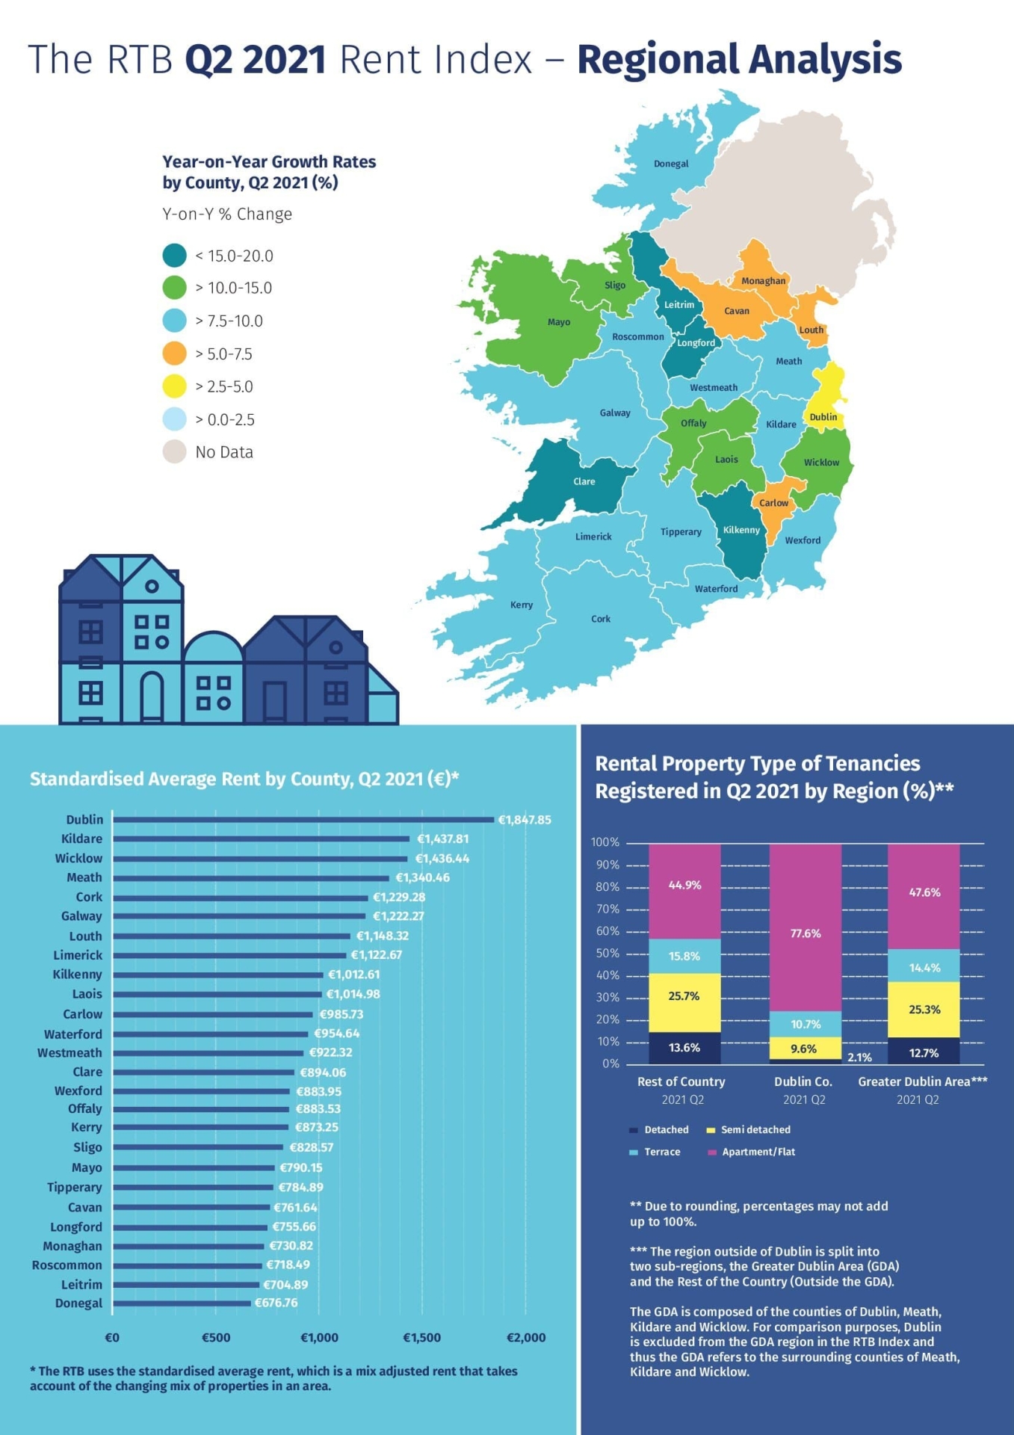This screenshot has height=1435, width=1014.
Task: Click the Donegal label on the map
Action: [x=670, y=164]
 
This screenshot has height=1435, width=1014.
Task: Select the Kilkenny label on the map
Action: [x=741, y=530]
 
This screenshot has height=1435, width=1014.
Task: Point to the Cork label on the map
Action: [x=601, y=619]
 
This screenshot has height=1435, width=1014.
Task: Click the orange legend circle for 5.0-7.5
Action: [x=174, y=354]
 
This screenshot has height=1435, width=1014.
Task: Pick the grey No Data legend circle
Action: [x=174, y=452]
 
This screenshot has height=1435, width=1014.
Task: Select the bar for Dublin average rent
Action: [x=303, y=820]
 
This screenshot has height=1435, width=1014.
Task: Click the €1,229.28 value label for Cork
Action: [x=399, y=897]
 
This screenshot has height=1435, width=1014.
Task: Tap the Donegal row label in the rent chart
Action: [x=78, y=1303]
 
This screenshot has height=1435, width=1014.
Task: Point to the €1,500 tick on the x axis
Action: [x=422, y=1337]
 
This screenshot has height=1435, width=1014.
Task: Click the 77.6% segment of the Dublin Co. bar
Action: [x=806, y=933]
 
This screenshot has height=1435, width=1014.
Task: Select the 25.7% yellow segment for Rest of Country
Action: [x=684, y=996]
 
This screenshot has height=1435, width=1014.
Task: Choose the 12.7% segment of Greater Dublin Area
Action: [x=924, y=1052]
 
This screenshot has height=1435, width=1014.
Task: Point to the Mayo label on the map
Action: [x=558, y=322]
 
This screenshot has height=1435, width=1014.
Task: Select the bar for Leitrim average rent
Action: [x=186, y=1285]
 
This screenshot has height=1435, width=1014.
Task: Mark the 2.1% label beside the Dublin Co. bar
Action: [x=859, y=1058]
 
